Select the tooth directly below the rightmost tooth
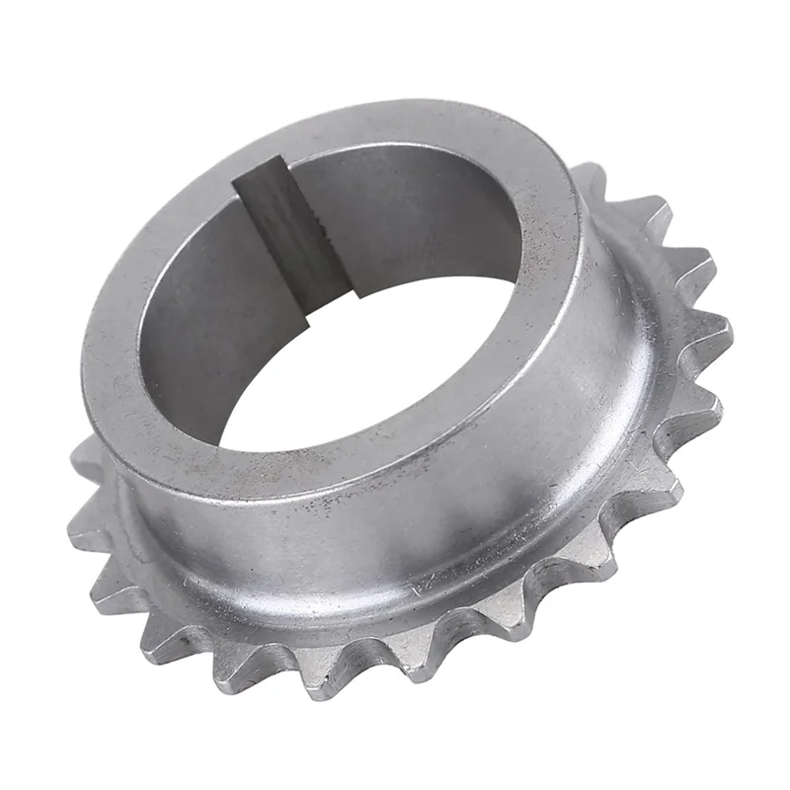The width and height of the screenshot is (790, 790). click(x=706, y=405)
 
